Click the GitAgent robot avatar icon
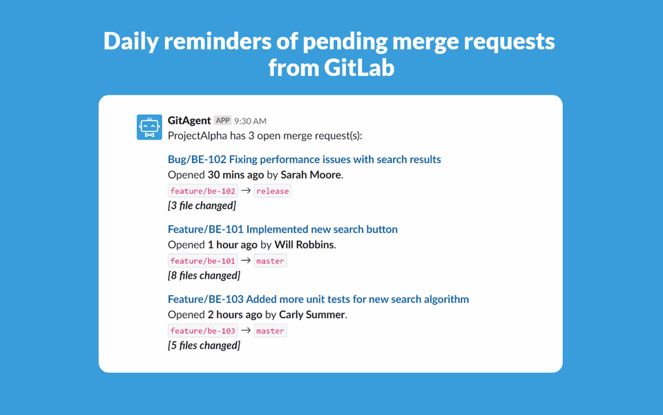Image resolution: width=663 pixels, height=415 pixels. tap(149, 127)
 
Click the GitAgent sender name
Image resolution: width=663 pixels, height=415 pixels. tap(189, 120)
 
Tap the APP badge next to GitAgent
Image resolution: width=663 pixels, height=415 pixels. tap(222, 120)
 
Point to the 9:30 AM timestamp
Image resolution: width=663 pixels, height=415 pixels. tap(250, 121)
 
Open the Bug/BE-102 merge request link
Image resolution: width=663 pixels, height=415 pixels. tap(304, 160)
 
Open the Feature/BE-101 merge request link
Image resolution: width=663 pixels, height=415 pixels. tap(282, 230)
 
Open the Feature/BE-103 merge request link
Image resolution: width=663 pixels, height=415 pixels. tap(318, 299)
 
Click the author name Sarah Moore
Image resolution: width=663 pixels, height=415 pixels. tap(311, 175)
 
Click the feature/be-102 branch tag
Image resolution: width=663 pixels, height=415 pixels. tap(203, 191)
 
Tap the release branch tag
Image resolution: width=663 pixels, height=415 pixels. tap(273, 191)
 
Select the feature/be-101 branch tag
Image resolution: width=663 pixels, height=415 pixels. tap(203, 261)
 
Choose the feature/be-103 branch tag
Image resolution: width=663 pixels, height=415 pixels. tap(203, 331)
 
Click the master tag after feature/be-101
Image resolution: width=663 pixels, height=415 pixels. tap(270, 261)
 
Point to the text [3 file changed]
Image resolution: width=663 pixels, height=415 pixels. tap(202, 205)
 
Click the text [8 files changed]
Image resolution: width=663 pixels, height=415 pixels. tap(204, 275)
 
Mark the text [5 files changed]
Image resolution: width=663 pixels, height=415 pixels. tap(204, 345)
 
